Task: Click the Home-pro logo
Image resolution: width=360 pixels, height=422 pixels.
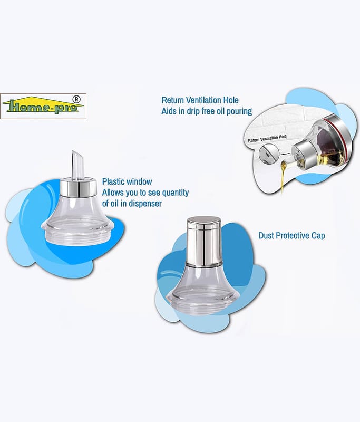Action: [43, 106]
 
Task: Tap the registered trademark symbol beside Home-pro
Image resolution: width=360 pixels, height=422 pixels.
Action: [76, 99]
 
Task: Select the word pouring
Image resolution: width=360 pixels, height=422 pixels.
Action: [239, 111]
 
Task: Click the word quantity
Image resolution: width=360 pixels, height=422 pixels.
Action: [176, 193]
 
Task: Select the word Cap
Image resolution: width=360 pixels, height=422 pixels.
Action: [318, 236]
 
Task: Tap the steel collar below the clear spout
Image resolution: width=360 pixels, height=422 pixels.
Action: [78, 187]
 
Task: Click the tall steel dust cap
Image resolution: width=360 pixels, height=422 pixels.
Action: [204, 241]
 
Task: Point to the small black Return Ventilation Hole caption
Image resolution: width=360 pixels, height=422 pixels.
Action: [267, 138]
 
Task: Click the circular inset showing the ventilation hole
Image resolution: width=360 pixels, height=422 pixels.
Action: [268, 154]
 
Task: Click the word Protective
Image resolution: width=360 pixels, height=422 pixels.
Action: [293, 235]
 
